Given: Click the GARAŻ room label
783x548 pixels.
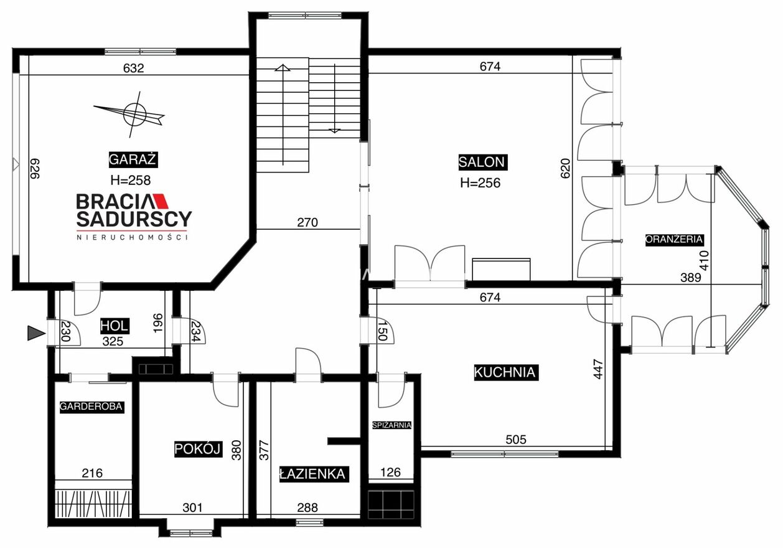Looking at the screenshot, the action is (133, 160).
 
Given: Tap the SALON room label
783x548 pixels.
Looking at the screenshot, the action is (483, 162).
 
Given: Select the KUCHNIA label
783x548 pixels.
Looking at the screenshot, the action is (506, 373).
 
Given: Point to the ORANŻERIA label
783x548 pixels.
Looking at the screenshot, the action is (674, 240).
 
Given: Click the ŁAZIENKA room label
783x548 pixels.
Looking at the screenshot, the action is (314, 475).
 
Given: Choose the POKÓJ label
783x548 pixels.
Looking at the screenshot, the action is (198, 449).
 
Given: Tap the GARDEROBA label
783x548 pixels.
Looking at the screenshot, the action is (91, 407).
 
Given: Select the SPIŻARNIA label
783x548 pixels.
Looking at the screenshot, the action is (391, 425).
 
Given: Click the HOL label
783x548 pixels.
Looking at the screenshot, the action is (115, 326).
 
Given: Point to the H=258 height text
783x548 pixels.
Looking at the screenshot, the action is (130, 181).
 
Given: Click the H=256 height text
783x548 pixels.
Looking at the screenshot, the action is (481, 183).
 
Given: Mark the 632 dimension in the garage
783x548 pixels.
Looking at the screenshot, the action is (134, 68).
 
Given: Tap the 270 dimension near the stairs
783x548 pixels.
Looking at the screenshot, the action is (307, 222).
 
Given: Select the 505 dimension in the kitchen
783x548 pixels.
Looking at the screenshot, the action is (516, 440).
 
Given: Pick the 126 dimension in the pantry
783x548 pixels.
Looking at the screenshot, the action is (390, 473).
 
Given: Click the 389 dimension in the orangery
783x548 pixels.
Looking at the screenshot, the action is (691, 278).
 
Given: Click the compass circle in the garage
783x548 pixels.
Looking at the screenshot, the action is (134, 114).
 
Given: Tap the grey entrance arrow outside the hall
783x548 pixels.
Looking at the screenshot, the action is (36, 333).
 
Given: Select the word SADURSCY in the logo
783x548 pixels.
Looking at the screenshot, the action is (134, 219).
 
